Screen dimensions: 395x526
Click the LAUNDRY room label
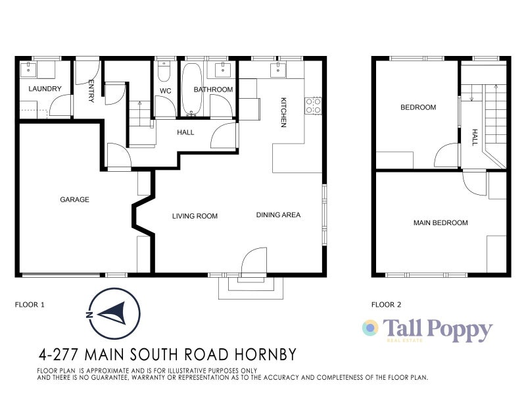coord(45,89)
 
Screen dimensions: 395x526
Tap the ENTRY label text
coord(91,91)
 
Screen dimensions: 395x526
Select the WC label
coord(166,90)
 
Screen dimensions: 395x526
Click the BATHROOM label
coord(213,90)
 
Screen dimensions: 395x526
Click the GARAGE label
coord(74,199)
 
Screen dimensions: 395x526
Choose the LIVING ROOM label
coord(195,216)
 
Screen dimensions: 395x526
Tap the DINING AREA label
coord(278,215)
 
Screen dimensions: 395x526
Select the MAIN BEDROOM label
coord(441,223)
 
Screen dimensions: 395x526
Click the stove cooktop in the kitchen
coord(313,105)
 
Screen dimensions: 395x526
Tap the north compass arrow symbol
coord(114,313)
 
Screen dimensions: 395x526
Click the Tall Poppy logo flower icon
coord(371,328)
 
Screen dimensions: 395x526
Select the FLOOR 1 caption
coord(30,305)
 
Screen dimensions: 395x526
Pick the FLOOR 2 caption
coord(386,305)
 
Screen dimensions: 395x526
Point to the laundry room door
coord(62,105)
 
